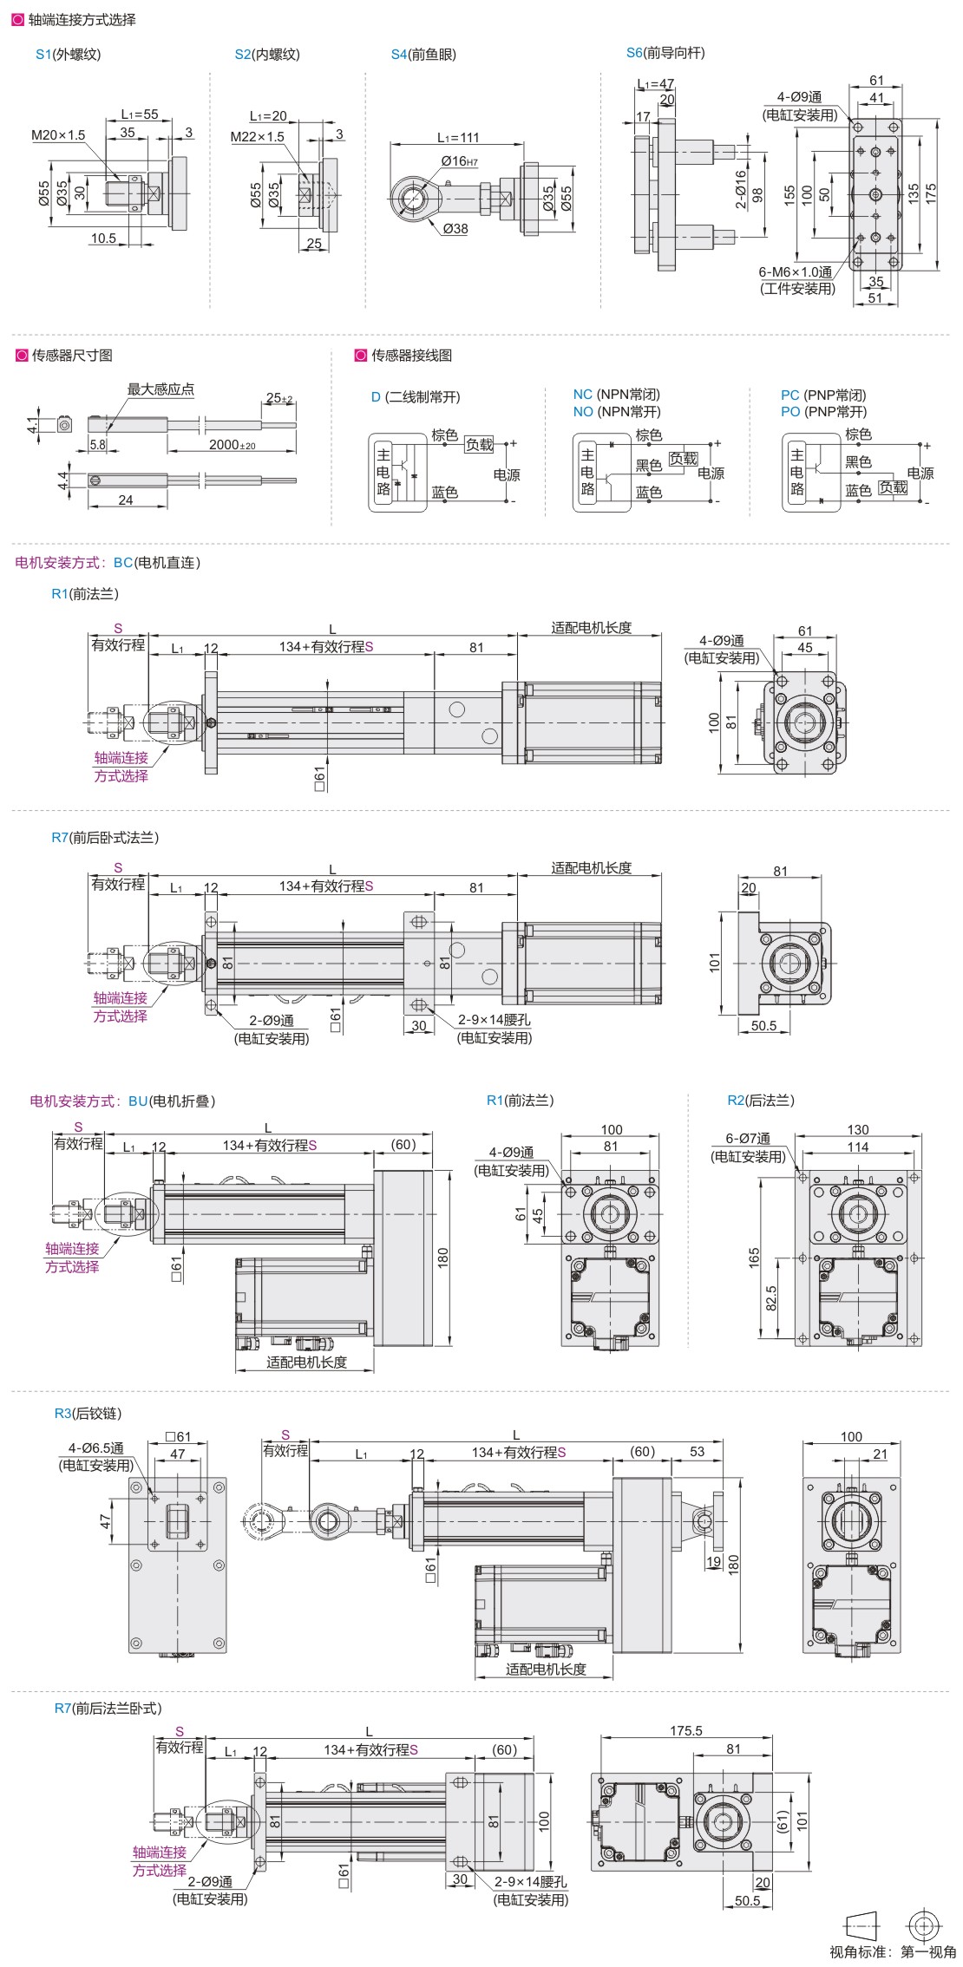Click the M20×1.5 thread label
58,134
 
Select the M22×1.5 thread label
257,136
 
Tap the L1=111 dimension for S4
457,137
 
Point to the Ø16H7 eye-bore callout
459,161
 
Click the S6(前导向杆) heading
665,53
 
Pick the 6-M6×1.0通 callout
795,271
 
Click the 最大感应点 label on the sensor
160,389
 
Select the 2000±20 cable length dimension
232,445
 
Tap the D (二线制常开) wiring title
416,397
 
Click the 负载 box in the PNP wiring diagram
893,487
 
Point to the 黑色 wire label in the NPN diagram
648,465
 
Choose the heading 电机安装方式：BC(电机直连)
108,563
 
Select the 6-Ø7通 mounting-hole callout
748,1138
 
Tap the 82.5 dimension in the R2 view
771,1297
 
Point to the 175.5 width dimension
685,1730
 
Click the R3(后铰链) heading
88,1413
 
